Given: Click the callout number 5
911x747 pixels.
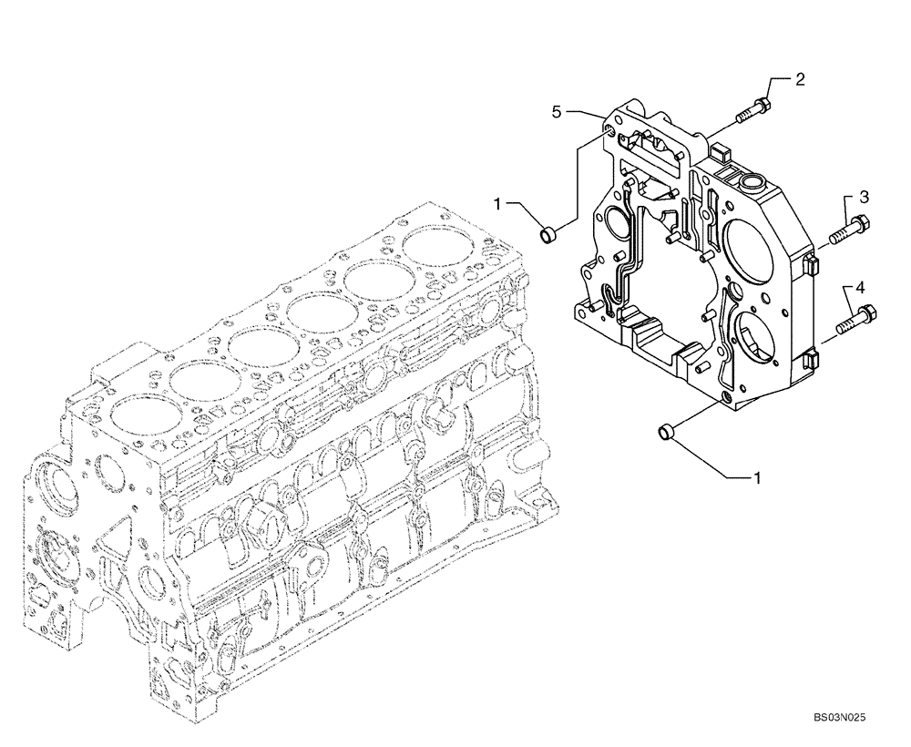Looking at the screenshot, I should (556, 111).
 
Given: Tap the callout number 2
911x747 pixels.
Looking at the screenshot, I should (799, 79).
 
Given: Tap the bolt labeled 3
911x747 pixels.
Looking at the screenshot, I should (850, 230).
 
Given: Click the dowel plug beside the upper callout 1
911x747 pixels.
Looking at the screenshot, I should (549, 236).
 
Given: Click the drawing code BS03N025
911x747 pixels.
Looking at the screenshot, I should (839, 718).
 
